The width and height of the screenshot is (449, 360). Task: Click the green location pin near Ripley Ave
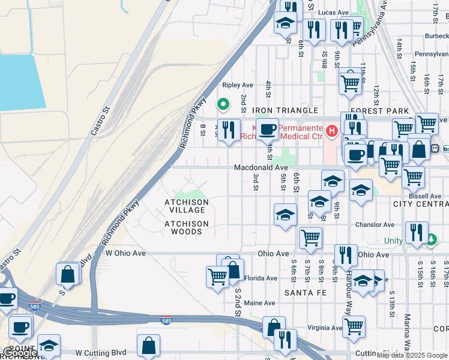(223, 105)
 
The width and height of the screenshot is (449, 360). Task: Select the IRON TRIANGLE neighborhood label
(285, 111)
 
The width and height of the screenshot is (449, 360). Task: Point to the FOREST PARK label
(381, 111)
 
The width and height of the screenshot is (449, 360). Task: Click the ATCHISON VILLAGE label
(187, 206)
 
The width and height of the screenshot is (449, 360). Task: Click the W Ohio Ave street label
(126, 253)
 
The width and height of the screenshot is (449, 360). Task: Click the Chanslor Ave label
(375, 225)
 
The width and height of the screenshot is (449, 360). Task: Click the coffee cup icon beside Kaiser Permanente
(267, 128)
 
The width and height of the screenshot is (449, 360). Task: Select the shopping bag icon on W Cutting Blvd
(148, 346)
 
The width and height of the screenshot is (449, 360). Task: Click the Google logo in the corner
(19, 353)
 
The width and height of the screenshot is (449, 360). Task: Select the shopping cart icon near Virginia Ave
(354, 326)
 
